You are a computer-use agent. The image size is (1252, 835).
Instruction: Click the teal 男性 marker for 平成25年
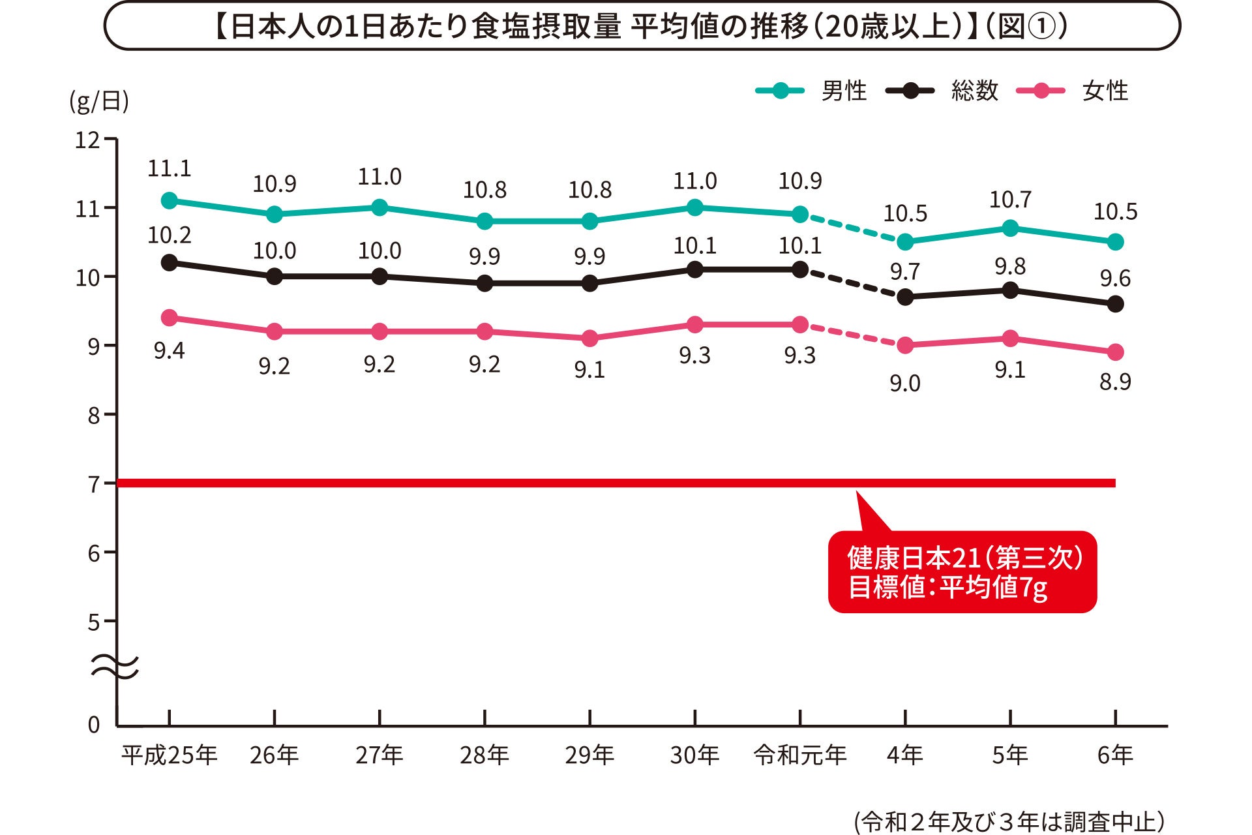tap(170, 201)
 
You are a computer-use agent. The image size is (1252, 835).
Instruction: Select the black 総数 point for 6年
tap(1116, 304)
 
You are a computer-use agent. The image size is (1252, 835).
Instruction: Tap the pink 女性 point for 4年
tap(905, 345)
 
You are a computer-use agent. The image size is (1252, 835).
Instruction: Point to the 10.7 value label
tap(1010, 200)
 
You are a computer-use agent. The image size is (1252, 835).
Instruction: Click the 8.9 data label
tap(1115, 382)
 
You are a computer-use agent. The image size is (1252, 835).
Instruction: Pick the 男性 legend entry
tap(811, 91)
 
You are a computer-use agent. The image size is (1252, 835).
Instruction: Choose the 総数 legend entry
tap(942, 91)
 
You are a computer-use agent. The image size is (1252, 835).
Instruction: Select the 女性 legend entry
tap(1072, 91)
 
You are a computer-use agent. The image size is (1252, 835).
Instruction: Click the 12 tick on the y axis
tap(88, 140)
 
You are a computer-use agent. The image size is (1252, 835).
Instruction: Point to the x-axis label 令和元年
tap(800, 755)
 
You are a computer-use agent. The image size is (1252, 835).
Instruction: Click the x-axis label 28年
tap(484, 755)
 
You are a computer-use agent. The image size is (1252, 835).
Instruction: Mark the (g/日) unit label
tap(99, 102)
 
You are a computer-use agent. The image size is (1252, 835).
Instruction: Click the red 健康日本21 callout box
tap(962, 572)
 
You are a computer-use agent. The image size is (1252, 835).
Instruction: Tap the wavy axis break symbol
tap(115, 667)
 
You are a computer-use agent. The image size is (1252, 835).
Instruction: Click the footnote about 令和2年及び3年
tap(1010, 821)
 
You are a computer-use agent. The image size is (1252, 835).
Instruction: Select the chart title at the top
tap(642, 27)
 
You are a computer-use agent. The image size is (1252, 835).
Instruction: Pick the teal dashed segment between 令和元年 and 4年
tap(853, 228)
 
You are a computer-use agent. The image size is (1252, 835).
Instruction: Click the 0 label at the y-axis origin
tap(94, 725)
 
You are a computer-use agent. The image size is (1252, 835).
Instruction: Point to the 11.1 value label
tap(170, 169)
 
